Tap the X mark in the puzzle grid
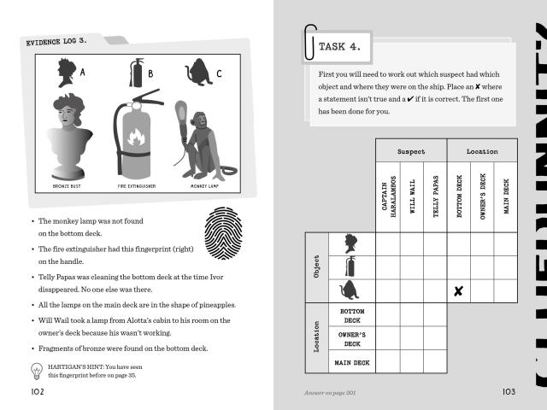coord(458,291)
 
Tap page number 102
coord(36,391)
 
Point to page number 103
coord(509,391)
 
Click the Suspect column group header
coord(410,150)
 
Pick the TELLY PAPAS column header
coord(435,196)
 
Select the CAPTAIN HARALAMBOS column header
coord(388,196)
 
